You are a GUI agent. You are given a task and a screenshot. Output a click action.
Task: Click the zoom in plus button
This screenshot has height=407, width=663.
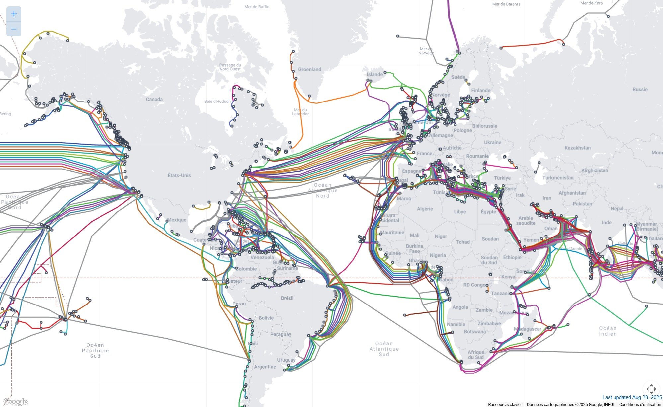14,14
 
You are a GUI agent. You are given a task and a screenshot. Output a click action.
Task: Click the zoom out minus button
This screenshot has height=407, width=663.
14,29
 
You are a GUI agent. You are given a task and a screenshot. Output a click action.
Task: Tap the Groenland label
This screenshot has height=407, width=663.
309,69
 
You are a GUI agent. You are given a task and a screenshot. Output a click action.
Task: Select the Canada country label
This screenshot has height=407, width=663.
154,99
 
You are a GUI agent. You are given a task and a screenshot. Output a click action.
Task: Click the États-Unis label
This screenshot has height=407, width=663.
179,175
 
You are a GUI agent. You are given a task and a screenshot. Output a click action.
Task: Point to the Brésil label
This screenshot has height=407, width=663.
287,298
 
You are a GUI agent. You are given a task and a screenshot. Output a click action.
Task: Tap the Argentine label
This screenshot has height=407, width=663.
265,367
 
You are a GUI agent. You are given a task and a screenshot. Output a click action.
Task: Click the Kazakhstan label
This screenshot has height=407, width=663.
577,148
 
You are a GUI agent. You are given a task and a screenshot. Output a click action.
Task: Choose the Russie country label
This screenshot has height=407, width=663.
640,89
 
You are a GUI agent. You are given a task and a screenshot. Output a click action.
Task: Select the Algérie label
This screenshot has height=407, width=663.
425,209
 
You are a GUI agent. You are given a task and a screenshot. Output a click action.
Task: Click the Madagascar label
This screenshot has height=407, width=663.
527,329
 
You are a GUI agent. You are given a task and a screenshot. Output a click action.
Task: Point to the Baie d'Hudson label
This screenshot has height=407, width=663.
217,101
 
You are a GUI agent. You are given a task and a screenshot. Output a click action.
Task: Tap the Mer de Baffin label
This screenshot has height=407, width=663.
257,7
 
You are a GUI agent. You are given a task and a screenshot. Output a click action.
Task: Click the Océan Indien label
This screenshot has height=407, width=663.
608,331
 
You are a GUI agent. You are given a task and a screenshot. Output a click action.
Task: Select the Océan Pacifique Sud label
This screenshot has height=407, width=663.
95,350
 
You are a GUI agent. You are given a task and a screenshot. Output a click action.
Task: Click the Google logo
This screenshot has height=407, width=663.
15,402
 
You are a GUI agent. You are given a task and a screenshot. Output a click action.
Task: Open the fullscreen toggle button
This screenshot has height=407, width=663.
651,389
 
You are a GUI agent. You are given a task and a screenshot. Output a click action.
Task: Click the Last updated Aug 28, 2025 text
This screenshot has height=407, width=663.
632,397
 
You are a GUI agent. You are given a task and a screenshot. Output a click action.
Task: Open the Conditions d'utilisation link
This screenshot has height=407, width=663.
640,404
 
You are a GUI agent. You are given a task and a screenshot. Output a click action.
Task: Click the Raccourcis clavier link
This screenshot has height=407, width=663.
505,404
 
